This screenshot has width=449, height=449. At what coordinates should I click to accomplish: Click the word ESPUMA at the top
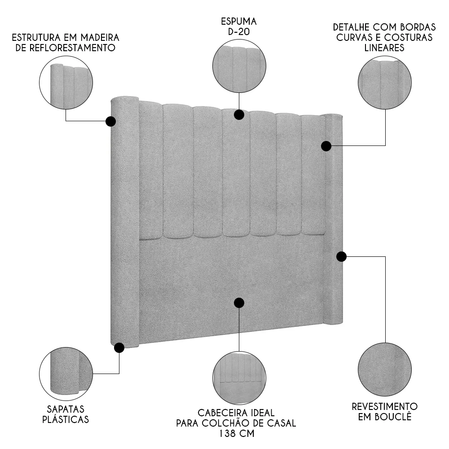point(238,22)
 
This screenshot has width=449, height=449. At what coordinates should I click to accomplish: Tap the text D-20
point(238,32)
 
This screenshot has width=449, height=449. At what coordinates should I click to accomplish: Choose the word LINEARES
point(384,48)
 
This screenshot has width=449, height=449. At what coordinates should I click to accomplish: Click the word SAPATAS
point(66,409)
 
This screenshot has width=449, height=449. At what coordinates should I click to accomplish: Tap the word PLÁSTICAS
point(66,420)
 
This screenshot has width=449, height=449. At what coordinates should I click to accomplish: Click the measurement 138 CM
point(237,434)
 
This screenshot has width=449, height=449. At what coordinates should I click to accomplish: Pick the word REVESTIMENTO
point(385,406)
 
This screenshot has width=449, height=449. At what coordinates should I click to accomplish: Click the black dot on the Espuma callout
point(239,114)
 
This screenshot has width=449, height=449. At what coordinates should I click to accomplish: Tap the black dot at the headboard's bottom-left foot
point(119,348)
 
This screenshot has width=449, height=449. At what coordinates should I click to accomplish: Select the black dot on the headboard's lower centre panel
point(239,303)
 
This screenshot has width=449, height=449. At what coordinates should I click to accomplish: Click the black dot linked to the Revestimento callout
point(341,256)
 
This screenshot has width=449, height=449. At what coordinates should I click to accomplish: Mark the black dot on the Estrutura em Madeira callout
point(110,121)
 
